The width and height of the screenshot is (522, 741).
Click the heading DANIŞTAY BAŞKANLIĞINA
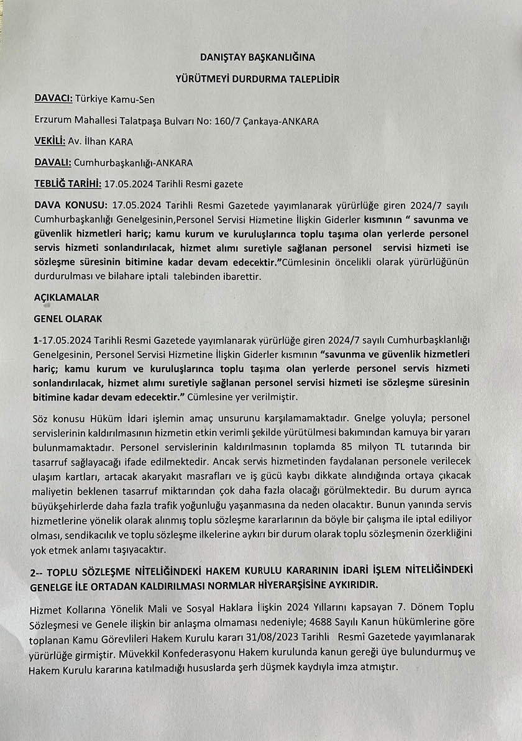point(257,57)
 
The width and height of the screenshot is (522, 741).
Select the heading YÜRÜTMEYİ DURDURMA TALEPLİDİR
point(258,79)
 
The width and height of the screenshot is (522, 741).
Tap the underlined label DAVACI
point(53,99)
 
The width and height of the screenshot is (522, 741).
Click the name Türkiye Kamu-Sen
point(115,99)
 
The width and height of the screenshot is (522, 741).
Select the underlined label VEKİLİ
point(50,142)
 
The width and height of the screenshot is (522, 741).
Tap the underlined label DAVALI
point(52,163)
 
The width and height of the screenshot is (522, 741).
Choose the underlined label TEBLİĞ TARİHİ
point(67,184)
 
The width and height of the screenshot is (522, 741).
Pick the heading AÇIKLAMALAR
point(66,298)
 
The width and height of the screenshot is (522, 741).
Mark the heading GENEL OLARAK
point(68,319)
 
